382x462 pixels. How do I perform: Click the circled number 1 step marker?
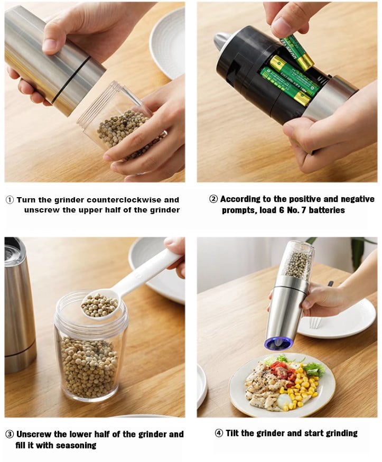tap(10, 200)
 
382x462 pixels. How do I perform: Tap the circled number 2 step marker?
tap(213, 199)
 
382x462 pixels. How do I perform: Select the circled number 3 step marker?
tap(10, 435)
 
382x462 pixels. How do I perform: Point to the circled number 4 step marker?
tap(219, 433)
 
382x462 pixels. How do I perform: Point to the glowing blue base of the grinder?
tap(278, 344)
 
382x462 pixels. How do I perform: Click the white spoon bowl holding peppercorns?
tap(99, 306)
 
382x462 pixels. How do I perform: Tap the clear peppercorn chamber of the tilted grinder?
tap(297, 262)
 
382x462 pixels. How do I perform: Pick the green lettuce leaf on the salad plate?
tap(314, 369)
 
